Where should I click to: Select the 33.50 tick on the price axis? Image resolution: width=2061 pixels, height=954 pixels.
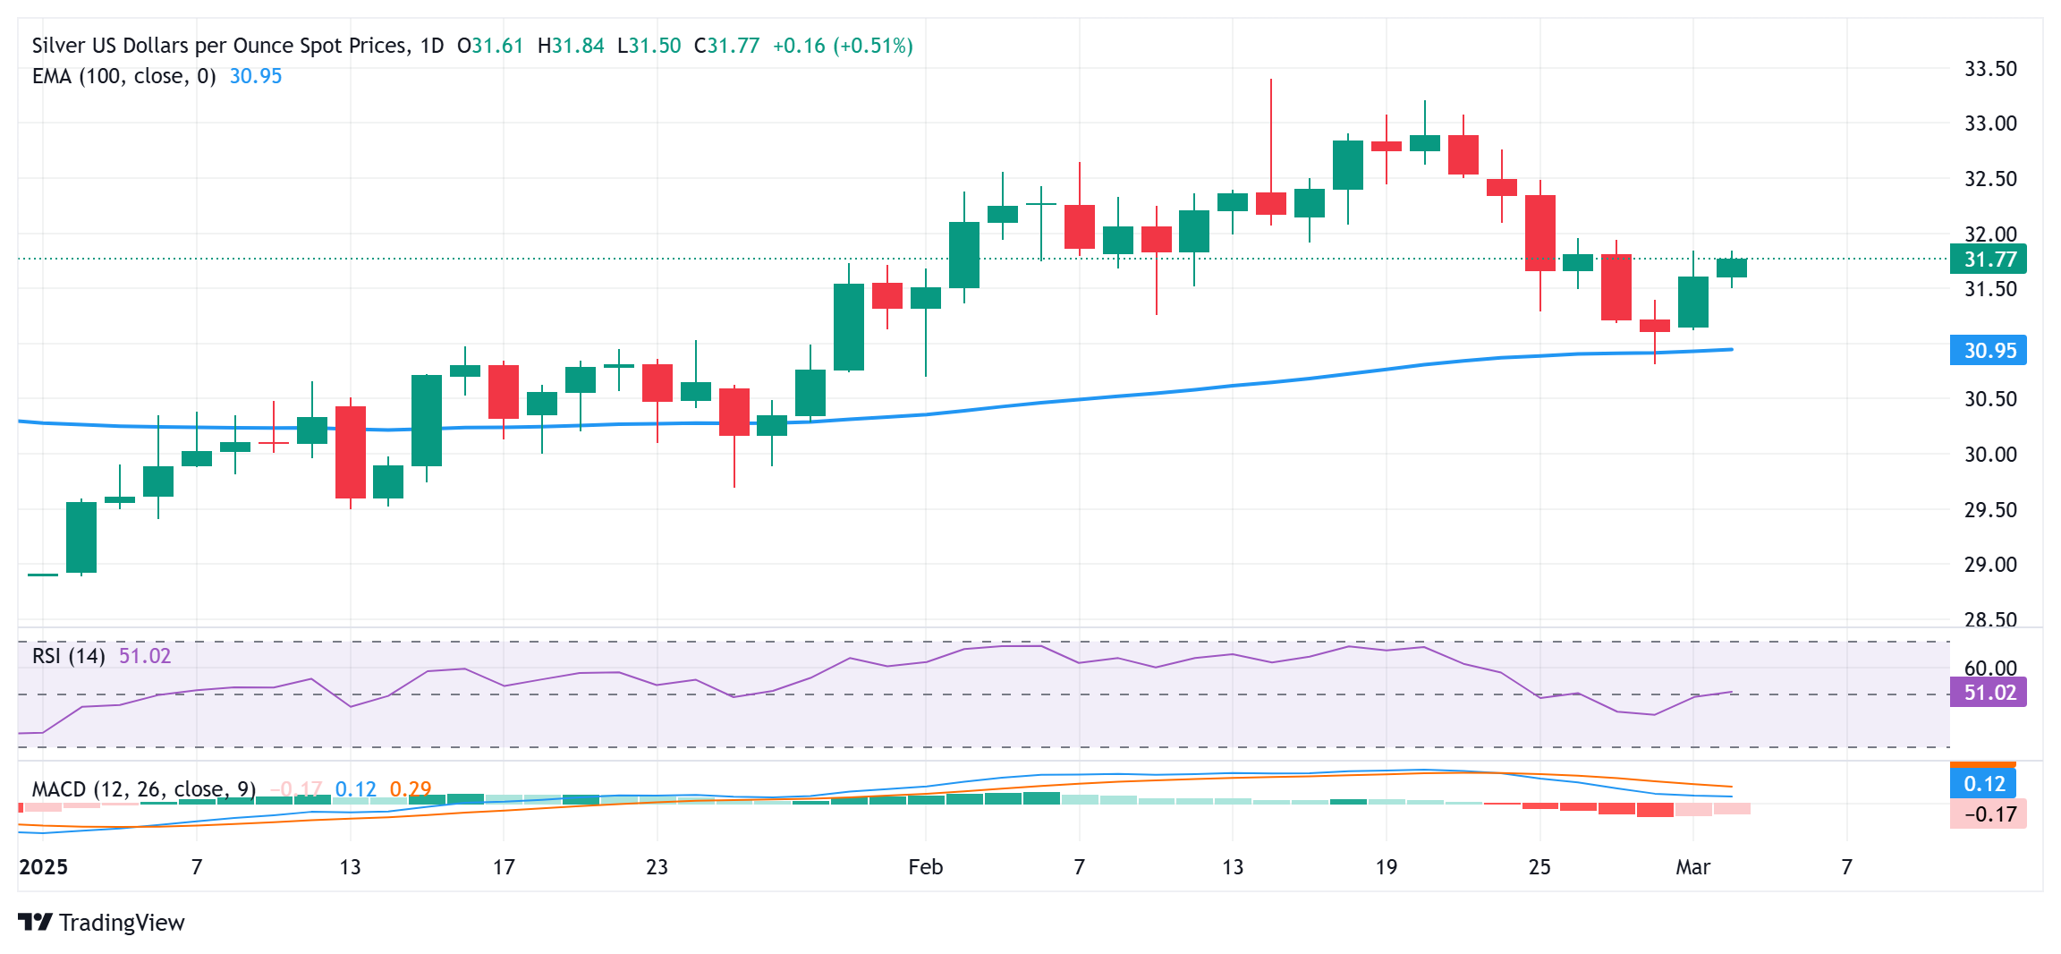[1989, 69]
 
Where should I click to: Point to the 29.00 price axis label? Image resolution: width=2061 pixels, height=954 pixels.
[1989, 565]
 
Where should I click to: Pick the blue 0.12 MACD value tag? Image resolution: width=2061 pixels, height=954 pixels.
[1983, 784]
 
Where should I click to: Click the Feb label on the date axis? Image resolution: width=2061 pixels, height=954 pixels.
[925, 867]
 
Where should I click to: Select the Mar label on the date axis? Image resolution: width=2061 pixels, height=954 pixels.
[1692, 867]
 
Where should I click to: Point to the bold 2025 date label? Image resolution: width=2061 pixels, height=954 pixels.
[44, 867]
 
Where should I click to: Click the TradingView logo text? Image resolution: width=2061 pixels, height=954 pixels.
[121, 923]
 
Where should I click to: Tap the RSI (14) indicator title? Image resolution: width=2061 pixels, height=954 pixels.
[68, 656]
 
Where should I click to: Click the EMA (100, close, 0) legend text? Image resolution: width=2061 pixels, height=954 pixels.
[123, 76]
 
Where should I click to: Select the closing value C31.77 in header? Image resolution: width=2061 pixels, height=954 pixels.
[726, 46]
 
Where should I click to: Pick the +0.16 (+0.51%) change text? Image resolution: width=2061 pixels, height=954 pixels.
[842, 46]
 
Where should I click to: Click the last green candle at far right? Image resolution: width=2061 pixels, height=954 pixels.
[1731, 268]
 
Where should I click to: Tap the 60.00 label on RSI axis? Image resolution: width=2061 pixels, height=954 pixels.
[1989, 669]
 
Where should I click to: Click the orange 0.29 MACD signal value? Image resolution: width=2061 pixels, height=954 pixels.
[411, 789]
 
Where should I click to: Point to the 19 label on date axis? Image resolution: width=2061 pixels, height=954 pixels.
[1386, 867]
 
